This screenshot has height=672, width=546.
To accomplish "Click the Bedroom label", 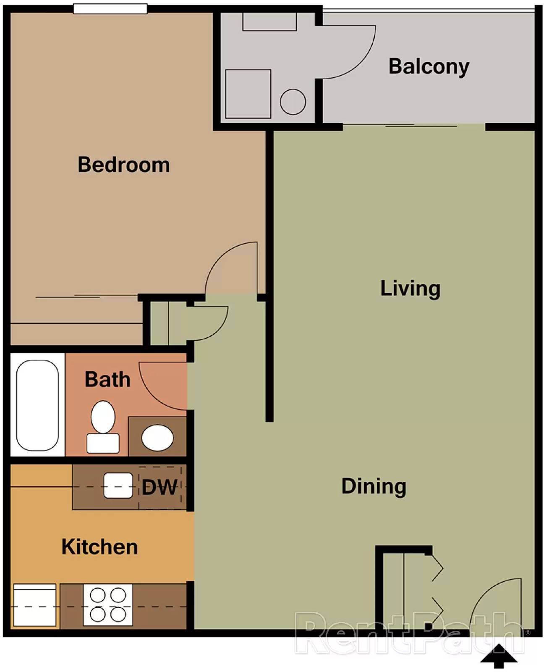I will coord(124,165).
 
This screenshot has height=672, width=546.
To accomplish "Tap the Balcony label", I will coord(428,66).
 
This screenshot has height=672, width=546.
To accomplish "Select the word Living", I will coord(410,289).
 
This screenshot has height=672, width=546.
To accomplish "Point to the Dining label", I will coord(374,486).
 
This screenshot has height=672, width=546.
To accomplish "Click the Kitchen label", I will coord(99,547).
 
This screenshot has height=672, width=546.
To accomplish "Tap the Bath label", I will coord(107,379).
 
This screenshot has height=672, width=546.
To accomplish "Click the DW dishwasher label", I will coord(159,487).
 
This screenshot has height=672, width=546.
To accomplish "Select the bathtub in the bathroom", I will coord(37,405).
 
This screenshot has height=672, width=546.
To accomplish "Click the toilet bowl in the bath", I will coord(103,417).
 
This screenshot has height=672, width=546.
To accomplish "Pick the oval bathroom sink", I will coord(157,437).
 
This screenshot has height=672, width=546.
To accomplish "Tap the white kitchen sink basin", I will coord(118,486).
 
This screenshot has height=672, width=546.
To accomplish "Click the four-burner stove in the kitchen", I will coord(108,605).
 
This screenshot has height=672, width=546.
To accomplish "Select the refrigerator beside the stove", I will coord(34,605).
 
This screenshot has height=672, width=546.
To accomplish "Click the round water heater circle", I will coord(293,102).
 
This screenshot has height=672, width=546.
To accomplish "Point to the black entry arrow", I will coord(499,656).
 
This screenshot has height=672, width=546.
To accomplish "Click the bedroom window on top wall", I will coord(110,8).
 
